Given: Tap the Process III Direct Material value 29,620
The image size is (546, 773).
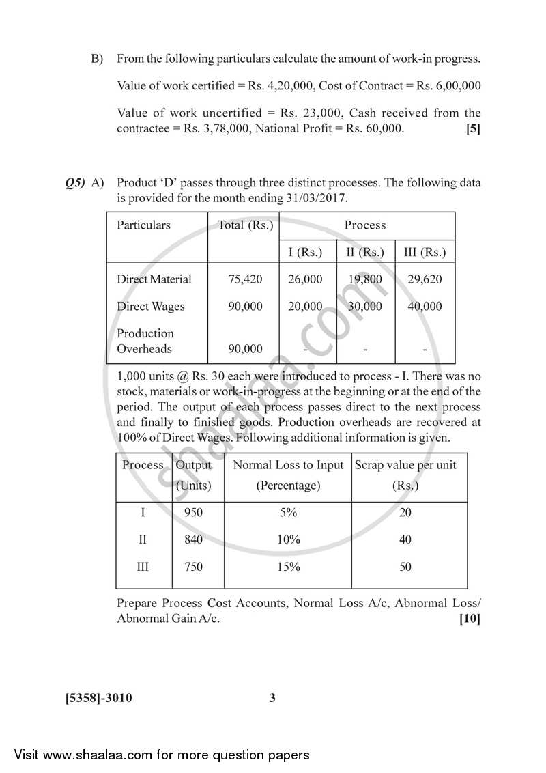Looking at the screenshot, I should [x=424, y=279].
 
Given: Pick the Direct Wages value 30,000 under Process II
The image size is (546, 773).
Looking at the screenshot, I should [x=365, y=307].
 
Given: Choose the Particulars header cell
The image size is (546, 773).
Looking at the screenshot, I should [x=143, y=225].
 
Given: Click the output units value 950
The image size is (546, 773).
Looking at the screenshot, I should [x=193, y=513].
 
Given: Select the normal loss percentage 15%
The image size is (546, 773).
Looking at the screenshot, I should [x=288, y=567].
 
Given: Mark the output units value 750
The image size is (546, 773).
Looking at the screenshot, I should [x=193, y=567].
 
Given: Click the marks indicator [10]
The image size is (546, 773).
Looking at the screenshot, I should [x=470, y=619].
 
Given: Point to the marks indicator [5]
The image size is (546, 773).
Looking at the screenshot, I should [x=472, y=128].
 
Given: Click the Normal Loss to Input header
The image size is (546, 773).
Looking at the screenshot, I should [x=288, y=465].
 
